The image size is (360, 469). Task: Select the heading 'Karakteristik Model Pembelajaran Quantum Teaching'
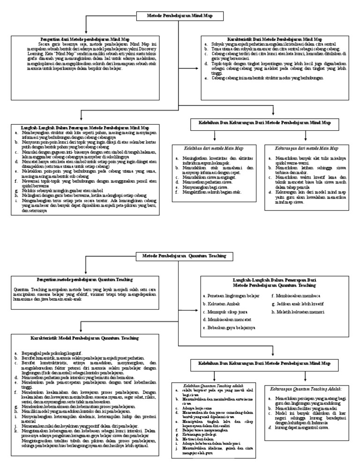84,337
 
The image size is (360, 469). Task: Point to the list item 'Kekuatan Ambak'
219,303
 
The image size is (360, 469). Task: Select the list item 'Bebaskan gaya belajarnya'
229,327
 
